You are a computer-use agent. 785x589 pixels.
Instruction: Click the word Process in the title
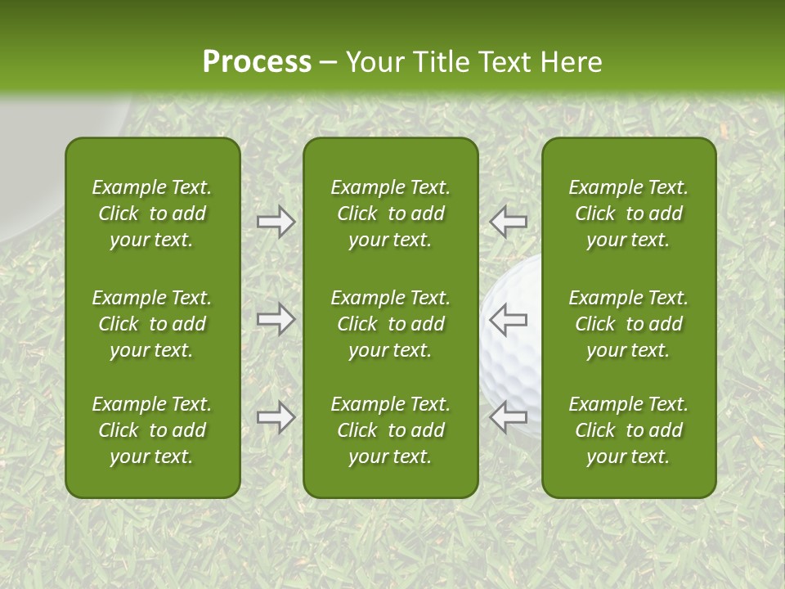pyautogui.click(x=257, y=62)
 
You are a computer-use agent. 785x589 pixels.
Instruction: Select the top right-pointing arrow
pyautogui.click(x=276, y=222)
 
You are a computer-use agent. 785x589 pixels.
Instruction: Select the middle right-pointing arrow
pyautogui.click(x=276, y=319)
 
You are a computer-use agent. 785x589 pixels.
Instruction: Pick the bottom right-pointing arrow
pyautogui.click(x=276, y=417)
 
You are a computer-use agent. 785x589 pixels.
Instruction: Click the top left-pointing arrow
pyautogui.click(x=509, y=222)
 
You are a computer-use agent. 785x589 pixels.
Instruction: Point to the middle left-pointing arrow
pyautogui.click(x=509, y=319)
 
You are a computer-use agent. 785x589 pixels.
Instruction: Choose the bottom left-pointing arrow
pyautogui.click(x=509, y=417)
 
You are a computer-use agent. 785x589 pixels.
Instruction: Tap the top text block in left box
pyautogui.click(x=152, y=214)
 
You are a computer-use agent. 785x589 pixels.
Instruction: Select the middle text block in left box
pyautogui.click(x=152, y=324)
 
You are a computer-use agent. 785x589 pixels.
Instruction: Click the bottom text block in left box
pyautogui.click(x=152, y=430)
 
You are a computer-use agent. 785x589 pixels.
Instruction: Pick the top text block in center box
pyautogui.click(x=391, y=214)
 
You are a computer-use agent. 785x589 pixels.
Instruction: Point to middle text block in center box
pyautogui.click(x=391, y=324)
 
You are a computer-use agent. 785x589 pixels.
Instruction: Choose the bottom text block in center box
pyautogui.click(x=391, y=430)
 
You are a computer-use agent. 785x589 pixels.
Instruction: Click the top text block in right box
pyautogui.click(x=629, y=214)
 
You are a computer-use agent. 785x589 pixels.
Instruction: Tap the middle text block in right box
pyautogui.click(x=629, y=324)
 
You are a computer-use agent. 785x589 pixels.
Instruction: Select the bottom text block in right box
pyautogui.click(x=629, y=430)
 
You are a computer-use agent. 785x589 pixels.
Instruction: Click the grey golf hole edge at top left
pyautogui.click(x=33, y=164)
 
